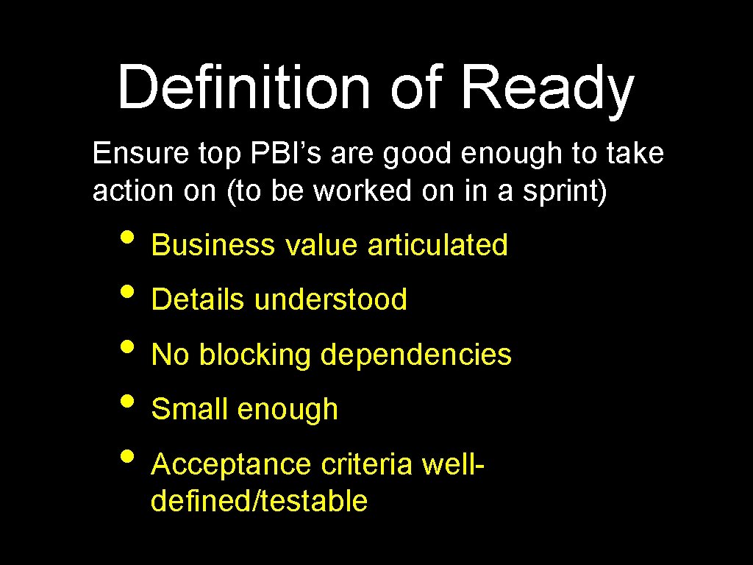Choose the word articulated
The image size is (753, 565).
pyautogui.click(x=438, y=245)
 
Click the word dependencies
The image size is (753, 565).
pyautogui.click(x=415, y=355)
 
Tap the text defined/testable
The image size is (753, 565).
pyautogui.click(x=259, y=501)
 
